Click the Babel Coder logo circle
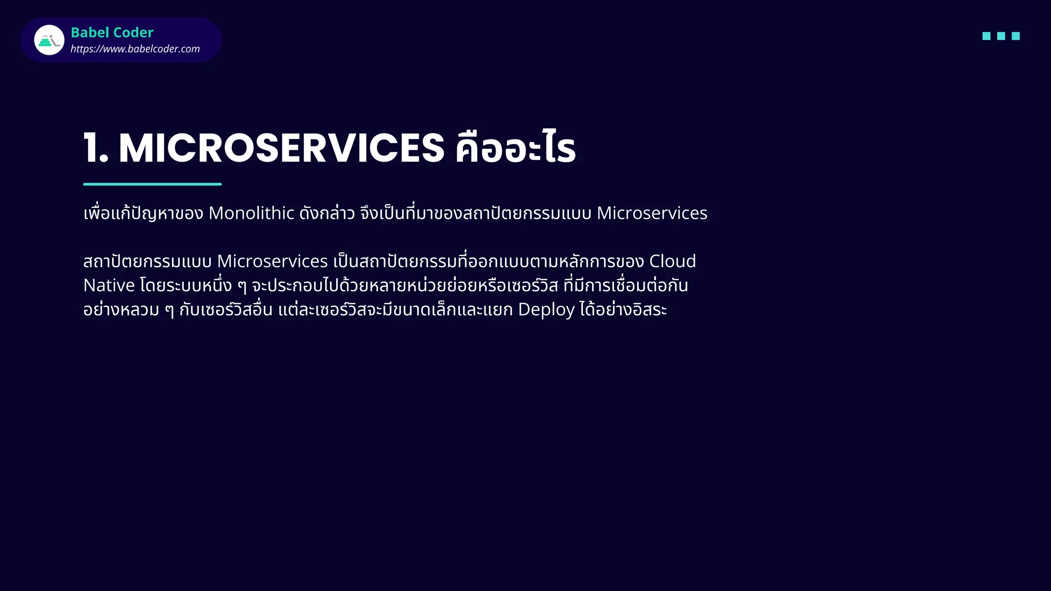tap(49, 40)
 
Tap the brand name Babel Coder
tap(112, 32)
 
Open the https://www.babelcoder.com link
tap(135, 49)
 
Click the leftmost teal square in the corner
tap(986, 36)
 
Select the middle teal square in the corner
tap(1001, 36)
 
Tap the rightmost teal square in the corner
tap(1016, 36)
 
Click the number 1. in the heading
tap(96, 148)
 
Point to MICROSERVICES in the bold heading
tap(281, 148)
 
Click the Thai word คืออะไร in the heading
tap(515, 148)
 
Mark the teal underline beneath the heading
tap(152, 184)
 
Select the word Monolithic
tap(251, 213)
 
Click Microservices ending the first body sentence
tap(652, 213)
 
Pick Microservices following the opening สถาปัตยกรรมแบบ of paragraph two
tap(273, 261)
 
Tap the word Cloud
tap(672, 261)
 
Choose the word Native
tap(109, 285)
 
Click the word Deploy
tap(546, 310)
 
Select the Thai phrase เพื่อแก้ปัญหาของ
tap(143, 213)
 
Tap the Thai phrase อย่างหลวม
tap(121, 310)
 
